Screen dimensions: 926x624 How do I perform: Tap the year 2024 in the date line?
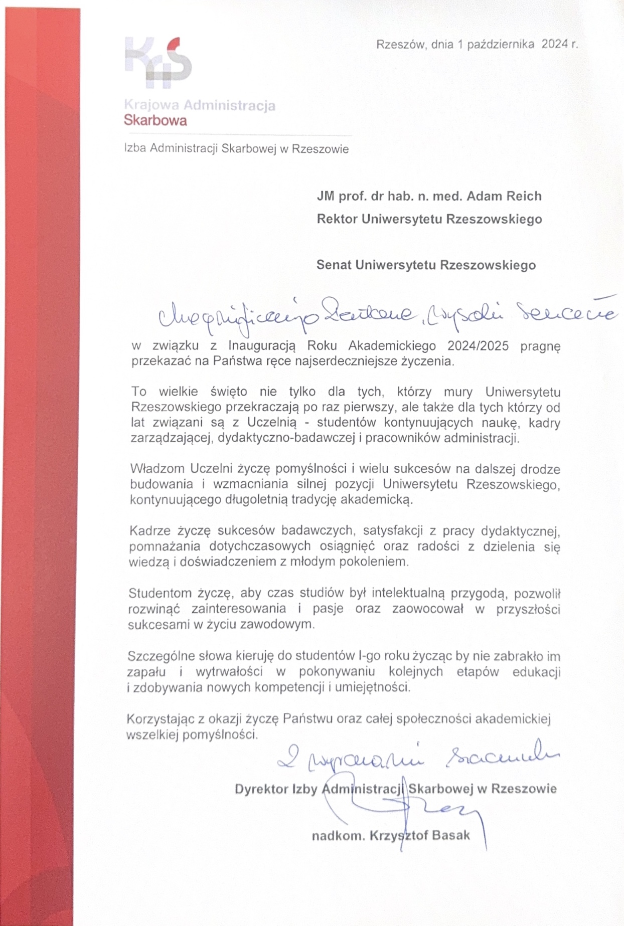(554, 44)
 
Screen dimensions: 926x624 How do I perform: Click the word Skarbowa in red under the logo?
(155, 121)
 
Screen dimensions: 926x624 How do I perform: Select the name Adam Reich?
(504, 196)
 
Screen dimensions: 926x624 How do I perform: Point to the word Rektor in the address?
(337, 219)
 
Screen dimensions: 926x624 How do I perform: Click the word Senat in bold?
(334, 265)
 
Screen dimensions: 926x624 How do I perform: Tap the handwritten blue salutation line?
(386, 313)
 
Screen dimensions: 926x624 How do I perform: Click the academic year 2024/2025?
(478, 345)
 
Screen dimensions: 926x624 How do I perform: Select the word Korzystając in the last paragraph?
(161, 719)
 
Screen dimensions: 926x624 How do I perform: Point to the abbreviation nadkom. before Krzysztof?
(338, 836)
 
